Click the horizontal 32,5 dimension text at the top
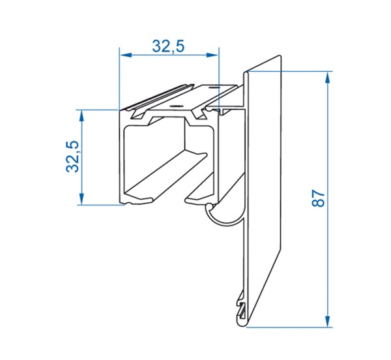pyautogui.click(x=168, y=46)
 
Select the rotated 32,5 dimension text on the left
pyautogui.click(x=72, y=157)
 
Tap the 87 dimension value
pyautogui.click(x=318, y=198)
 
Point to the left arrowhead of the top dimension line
pyautogui.click(x=125, y=55)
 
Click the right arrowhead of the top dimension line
pyautogui.click(x=212, y=55)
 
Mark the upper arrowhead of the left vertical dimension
pyautogui.click(x=81, y=115)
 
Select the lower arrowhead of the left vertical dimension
pyautogui.click(x=81, y=198)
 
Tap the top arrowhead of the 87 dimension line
pyautogui.click(x=328, y=78)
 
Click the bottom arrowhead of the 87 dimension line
pyautogui.click(x=328, y=321)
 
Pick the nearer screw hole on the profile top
pyautogui.click(x=176, y=106)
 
